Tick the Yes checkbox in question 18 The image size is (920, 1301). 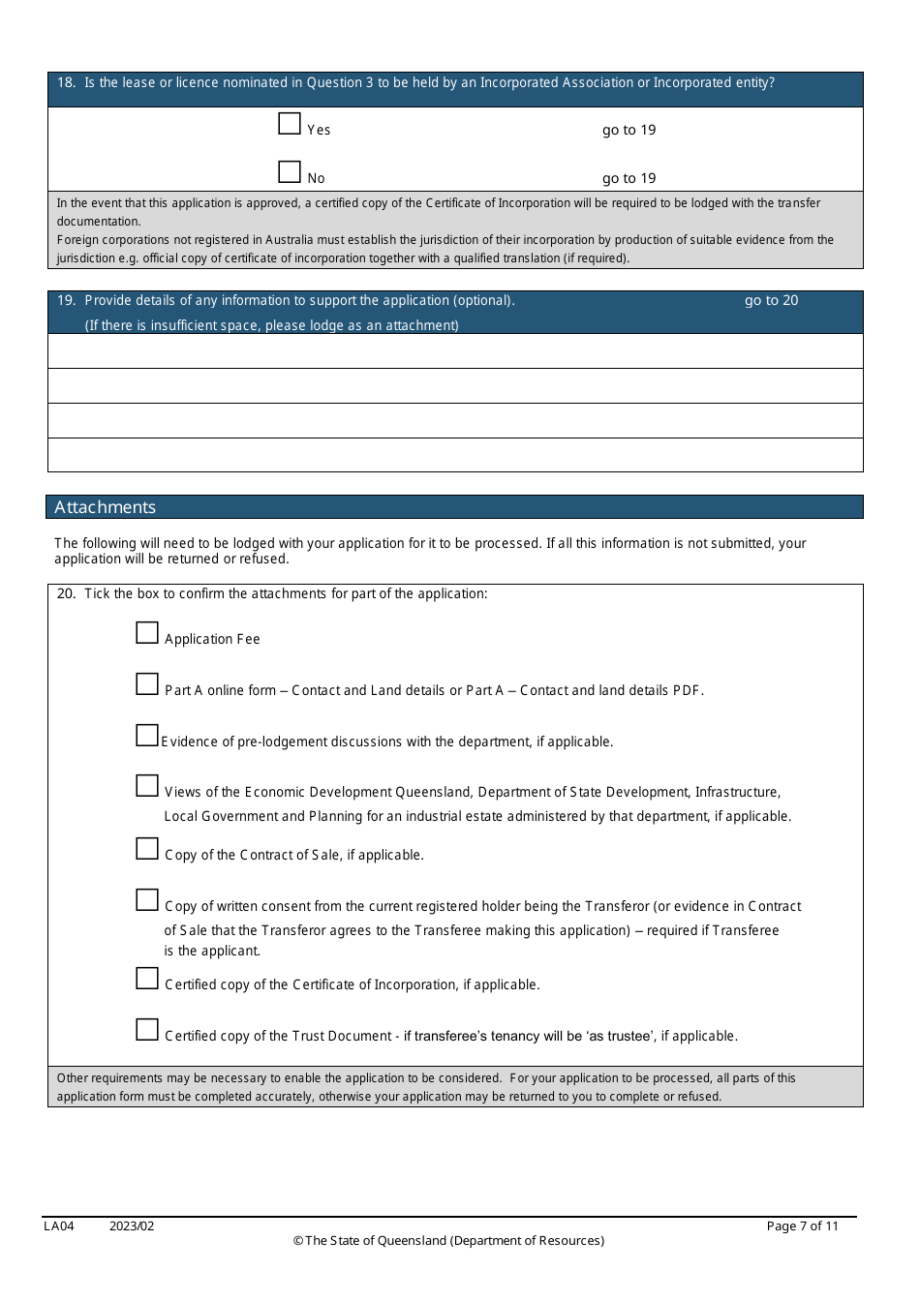[x=290, y=124]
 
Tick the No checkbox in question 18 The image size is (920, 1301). [x=290, y=172]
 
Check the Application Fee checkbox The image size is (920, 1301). [x=147, y=633]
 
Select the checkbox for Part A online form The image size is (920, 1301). [x=147, y=684]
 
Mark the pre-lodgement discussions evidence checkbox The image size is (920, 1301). [x=147, y=736]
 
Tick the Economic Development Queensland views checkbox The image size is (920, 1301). [x=147, y=786]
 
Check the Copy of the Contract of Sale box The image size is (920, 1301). [x=147, y=849]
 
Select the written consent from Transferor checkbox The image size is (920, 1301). [x=147, y=900]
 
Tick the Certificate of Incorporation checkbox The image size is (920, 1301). [x=147, y=979]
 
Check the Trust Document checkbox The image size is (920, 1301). [x=147, y=1030]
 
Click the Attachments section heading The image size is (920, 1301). [x=106, y=507]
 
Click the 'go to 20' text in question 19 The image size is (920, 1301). [x=771, y=301]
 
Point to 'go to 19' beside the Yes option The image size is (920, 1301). [x=629, y=131]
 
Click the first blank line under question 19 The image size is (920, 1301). [x=455, y=351]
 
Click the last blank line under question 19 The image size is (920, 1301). [x=455, y=455]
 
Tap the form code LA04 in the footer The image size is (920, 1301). [x=59, y=1226]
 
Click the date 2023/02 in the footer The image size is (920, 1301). [x=132, y=1226]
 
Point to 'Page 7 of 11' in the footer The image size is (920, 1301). [x=802, y=1226]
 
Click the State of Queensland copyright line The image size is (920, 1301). [x=448, y=1241]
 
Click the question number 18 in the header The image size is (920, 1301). [x=66, y=83]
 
